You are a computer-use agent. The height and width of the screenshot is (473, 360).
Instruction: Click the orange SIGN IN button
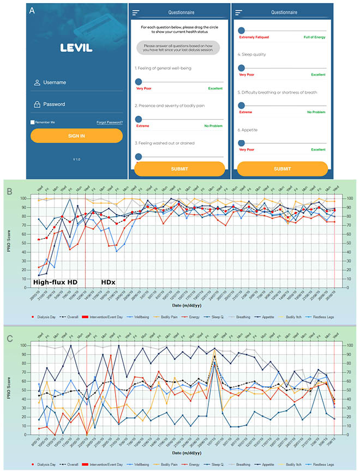coord(76,136)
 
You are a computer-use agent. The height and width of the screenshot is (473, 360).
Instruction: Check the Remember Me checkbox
coord(33,122)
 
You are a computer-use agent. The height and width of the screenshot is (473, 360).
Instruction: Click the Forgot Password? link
coord(109,122)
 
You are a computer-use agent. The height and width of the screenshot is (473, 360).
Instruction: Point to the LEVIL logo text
coord(76,48)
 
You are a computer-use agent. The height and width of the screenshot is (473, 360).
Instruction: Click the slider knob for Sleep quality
coord(242,68)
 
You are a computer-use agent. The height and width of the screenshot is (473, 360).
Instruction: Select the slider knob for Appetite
coord(242,143)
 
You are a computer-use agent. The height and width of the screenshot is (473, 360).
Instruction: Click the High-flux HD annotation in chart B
coord(55,282)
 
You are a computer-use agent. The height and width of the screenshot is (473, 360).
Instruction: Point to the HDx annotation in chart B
coord(109,282)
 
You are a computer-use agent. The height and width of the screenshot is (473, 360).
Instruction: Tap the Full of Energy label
coord(314,38)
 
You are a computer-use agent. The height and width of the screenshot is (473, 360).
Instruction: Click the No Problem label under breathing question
coord(316,112)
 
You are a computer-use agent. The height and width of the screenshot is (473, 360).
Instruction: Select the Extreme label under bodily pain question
coord(143,126)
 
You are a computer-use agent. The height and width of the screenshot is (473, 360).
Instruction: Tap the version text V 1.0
coord(76,159)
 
